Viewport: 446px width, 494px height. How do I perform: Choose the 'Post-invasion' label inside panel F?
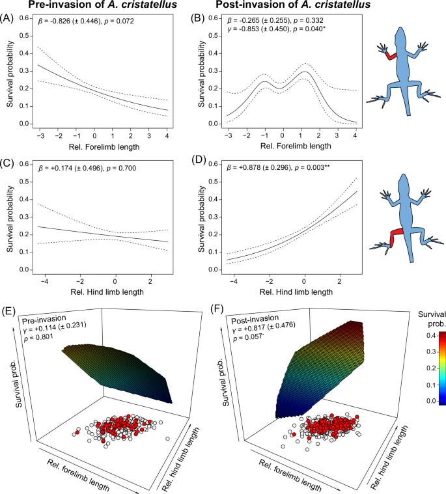tap(251, 322)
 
